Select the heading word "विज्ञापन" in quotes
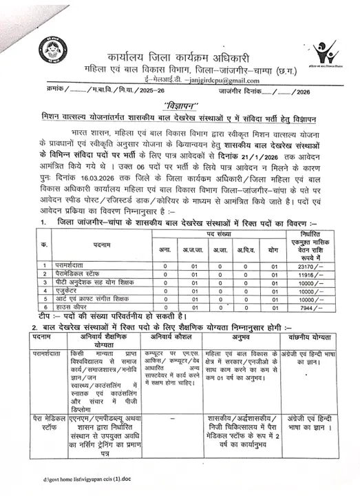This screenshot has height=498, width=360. click(181, 103)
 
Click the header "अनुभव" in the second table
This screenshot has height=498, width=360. click(241, 338)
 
